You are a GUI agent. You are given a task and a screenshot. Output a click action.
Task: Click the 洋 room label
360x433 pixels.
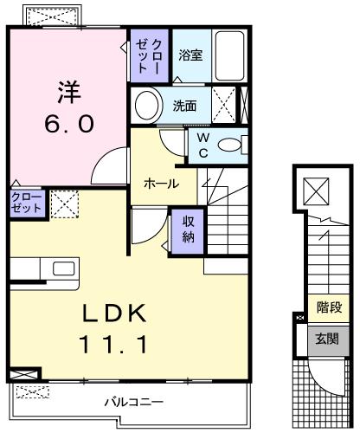69,91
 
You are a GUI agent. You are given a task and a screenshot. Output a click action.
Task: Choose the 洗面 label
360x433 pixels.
184,107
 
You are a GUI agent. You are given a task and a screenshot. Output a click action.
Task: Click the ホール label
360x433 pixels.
162,184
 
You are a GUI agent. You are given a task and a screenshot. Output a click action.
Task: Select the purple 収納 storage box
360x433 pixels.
187,230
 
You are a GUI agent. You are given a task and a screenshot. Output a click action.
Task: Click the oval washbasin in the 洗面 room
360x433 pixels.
147,107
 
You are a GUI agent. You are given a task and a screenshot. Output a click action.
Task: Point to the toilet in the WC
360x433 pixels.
230,145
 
